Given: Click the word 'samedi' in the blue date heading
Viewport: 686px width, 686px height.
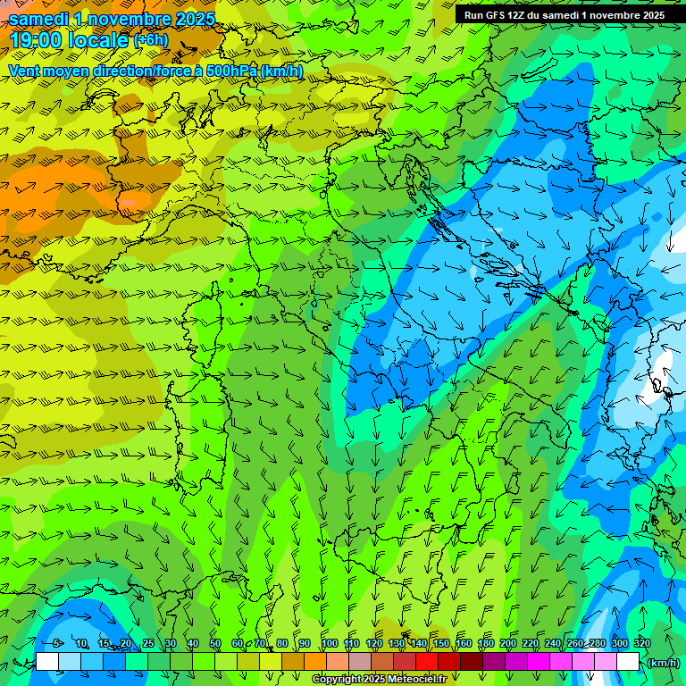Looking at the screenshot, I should click(x=39, y=19).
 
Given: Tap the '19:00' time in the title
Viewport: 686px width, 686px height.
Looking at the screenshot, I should click(x=33, y=40).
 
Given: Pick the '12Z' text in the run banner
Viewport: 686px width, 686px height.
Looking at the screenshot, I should click(x=520, y=15).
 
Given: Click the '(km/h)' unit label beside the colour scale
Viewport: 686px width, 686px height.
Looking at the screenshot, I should click(x=663, y=663).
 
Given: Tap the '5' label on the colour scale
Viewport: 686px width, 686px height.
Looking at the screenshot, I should click(x=58, y=644).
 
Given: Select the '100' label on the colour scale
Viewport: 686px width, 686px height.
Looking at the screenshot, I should click(x=329, y=644).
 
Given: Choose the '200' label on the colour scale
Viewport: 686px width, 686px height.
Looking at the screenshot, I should click(x=508, y=644).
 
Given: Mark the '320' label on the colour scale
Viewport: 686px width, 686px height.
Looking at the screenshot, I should click(x=642, y=644).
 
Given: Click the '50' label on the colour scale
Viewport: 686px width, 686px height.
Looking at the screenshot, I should click(x=215, y=644).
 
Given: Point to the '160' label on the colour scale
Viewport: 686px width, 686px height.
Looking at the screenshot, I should click(x=464, y=644).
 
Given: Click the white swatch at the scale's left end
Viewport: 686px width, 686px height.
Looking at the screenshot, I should click(x=47, y=662).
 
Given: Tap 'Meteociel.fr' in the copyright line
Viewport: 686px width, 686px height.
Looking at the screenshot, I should click(x=417, y=680).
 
